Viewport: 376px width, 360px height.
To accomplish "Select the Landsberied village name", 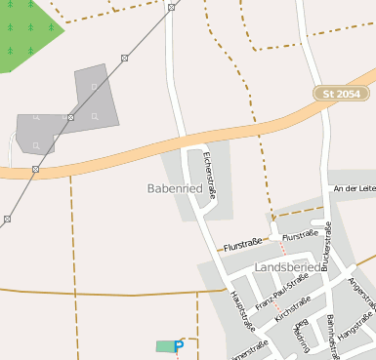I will point(286,266).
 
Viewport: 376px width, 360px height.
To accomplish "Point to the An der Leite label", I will point(354,187).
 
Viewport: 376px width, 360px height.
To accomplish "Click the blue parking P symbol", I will point(179,345).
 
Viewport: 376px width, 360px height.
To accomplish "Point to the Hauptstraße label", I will point(241,310).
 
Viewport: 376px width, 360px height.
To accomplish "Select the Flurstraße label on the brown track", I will point(244,248).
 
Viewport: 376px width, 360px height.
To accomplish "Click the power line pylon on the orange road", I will point(35,169).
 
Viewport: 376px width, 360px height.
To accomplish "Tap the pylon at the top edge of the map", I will point(171,7).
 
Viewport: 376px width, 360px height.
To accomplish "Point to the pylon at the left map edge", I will point(7,220).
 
